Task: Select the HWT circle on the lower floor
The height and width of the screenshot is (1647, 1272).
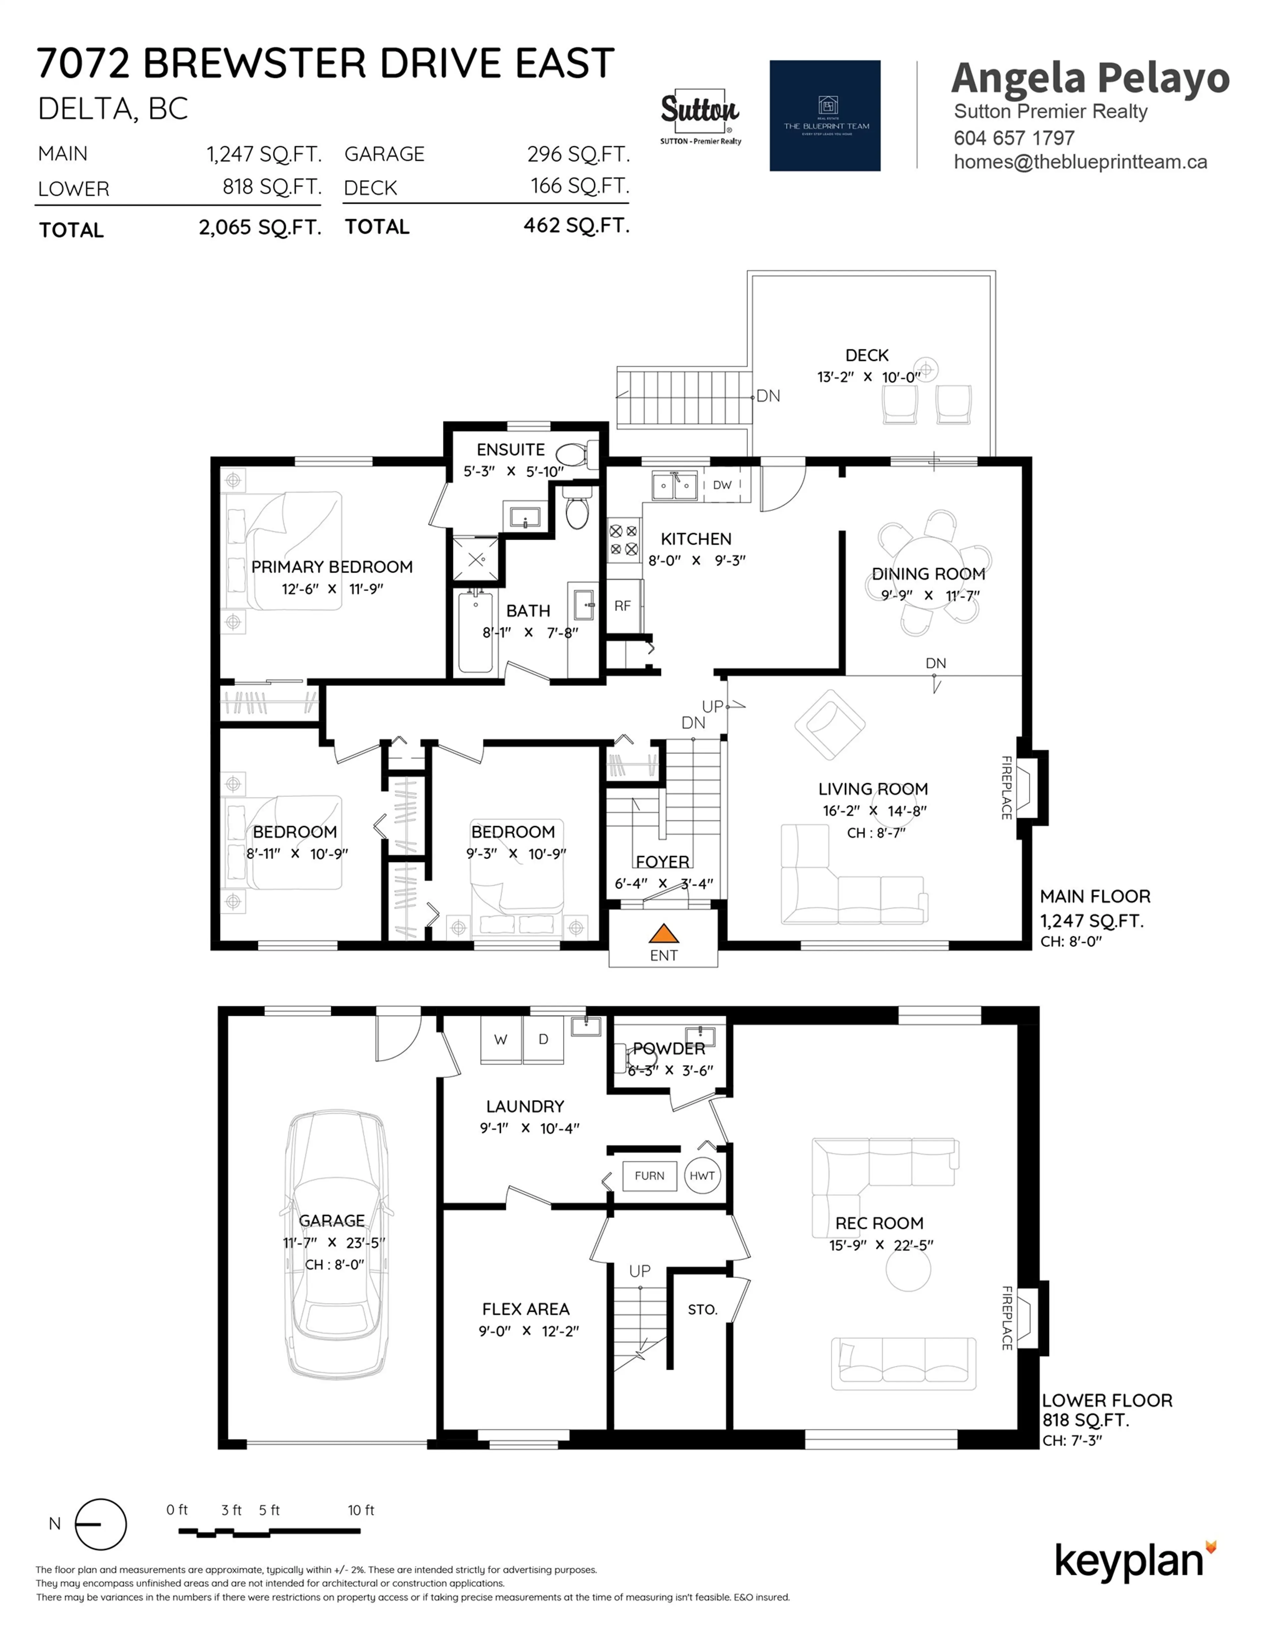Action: click(702, 1176)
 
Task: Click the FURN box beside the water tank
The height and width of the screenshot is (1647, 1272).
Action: click(649, 1176)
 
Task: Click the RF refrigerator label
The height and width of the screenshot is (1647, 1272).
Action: click(622, 605)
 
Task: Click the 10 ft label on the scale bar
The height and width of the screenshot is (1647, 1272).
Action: click(360, 1510)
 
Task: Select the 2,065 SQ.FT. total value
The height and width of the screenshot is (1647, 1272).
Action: click(259, 227)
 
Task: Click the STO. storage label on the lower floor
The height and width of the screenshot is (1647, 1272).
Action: click(702, 1310)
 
